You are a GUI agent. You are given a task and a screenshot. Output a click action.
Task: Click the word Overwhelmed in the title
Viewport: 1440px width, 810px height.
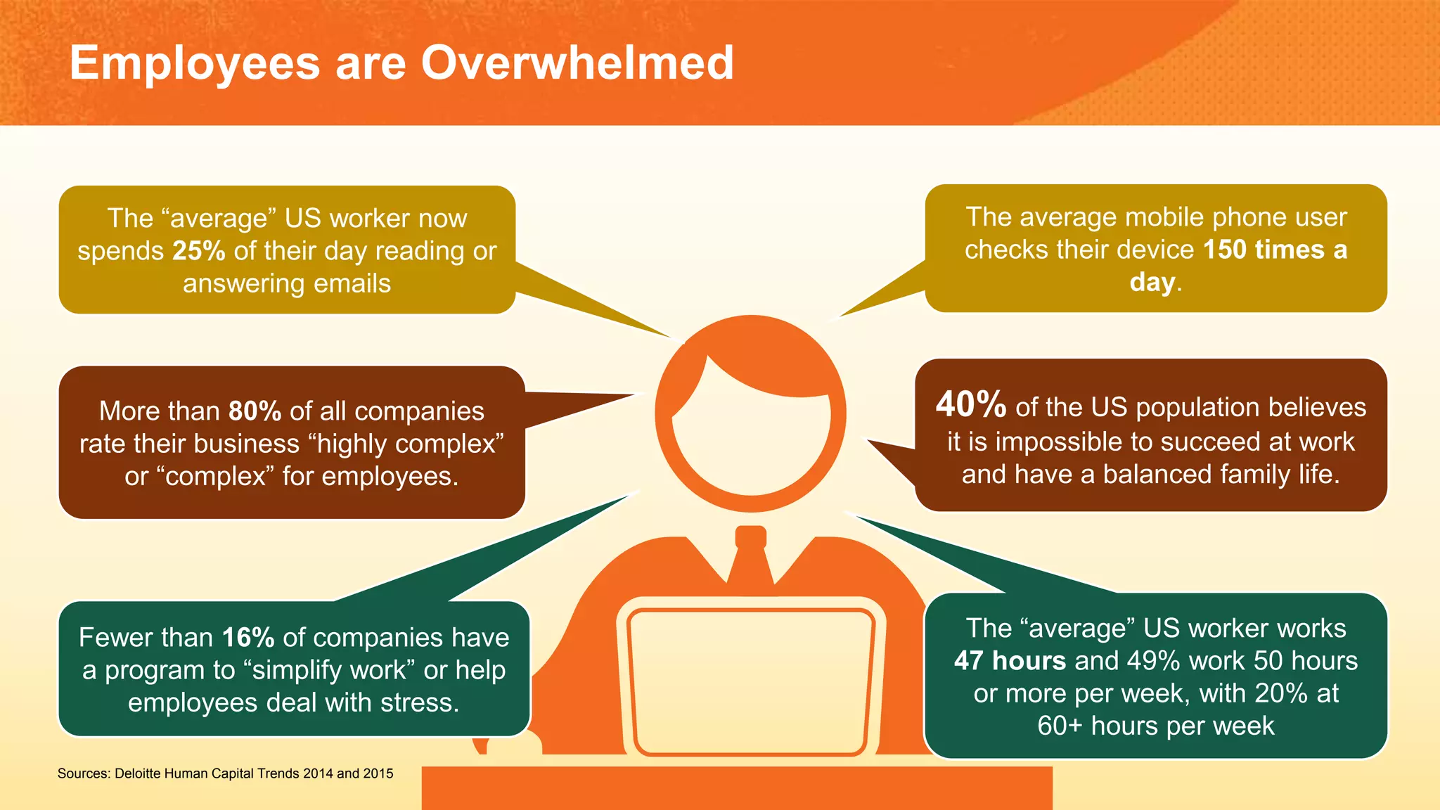(x=577, y=63)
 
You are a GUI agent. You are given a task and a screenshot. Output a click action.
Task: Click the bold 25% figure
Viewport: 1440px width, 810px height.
(x=199, y=251)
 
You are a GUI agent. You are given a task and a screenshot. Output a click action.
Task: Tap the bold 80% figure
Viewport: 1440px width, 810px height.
(x=255, y=411)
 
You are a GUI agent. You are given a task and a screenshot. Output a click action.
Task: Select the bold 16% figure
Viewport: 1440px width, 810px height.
(x=248, y=638)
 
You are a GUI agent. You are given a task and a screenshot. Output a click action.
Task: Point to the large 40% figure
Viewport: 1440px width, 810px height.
(x=971, y=405)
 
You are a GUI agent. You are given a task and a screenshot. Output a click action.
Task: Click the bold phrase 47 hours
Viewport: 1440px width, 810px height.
(x=1010, y=661)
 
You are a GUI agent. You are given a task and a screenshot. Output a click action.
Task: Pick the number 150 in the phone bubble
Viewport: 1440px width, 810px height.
(x=1226, y=250)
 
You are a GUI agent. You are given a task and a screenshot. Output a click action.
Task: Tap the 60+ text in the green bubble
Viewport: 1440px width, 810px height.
(x=1060, y=726)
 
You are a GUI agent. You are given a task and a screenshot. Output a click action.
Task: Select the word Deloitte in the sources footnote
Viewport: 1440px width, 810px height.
(x=138, y=773)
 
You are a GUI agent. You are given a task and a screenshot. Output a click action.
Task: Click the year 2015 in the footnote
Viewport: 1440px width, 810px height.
(x=378, y=773)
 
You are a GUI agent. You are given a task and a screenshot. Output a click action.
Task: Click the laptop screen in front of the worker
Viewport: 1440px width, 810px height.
(x=750, y=679)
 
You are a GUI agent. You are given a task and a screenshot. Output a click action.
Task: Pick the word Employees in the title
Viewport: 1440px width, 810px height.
(x=195, y=63)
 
